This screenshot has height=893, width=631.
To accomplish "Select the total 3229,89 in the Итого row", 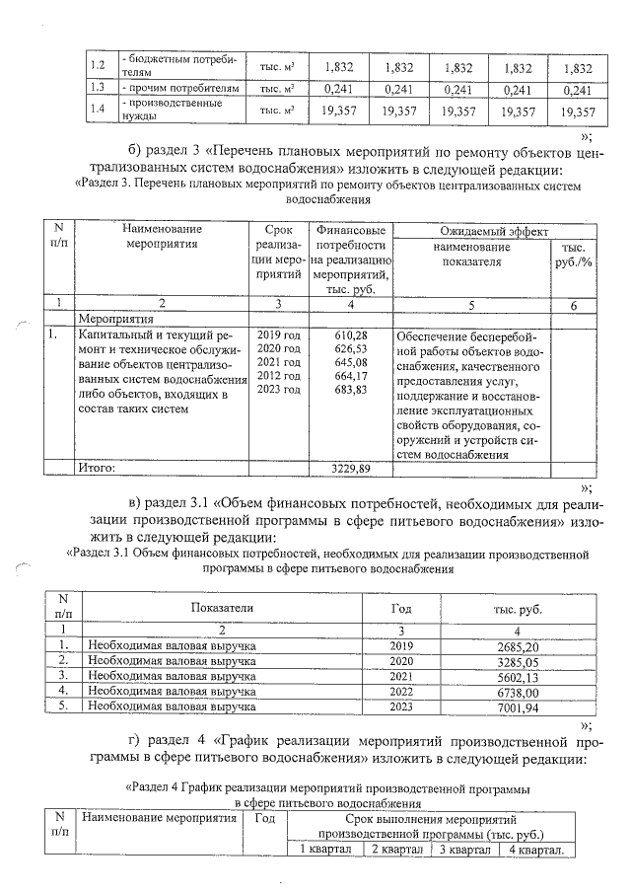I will [353, 467].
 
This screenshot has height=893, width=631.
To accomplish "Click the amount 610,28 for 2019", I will [352, 336].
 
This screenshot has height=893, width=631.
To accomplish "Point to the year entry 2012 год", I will [278, 377].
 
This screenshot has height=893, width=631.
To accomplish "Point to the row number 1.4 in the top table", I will [97, 110].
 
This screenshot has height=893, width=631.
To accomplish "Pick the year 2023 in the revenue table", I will [401, 707].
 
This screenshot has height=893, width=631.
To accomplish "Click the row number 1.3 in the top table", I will [97, 88].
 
